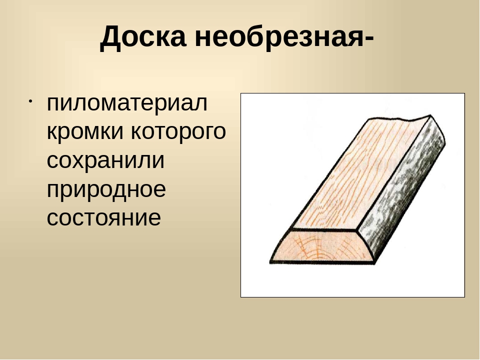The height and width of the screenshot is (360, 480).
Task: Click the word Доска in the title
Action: [x=143, y=36]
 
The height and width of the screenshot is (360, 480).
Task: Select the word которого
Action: [x=178, y=131]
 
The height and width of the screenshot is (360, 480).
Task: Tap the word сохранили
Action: [x=105, y=160]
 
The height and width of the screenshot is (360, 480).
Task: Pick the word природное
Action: [x=106, y=189]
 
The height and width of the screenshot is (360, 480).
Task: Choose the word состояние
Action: [x=104, y=217]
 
